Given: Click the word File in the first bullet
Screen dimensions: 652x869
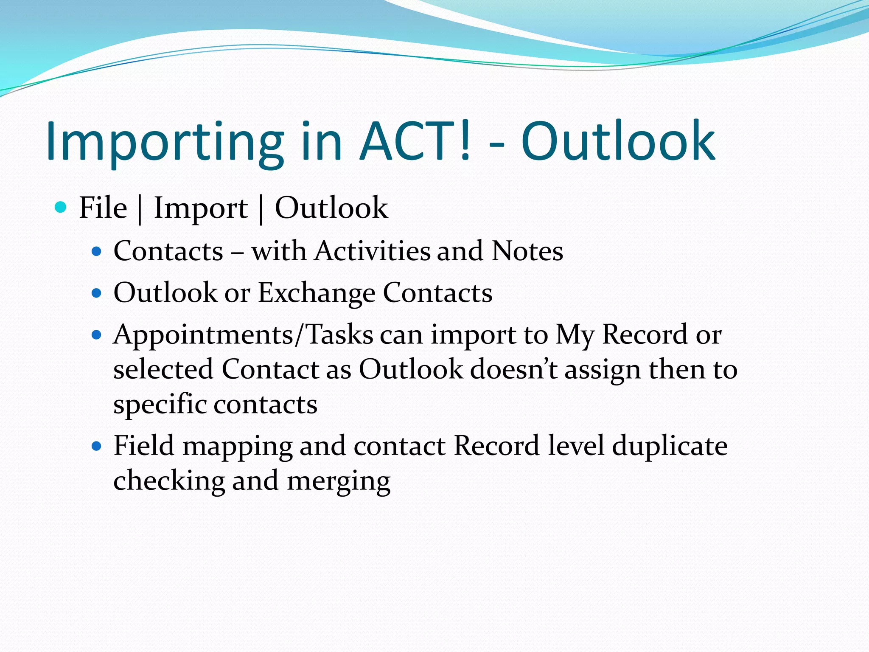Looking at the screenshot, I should click(x=103, y=208).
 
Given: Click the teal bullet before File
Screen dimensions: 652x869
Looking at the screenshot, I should click(x=61, y=207).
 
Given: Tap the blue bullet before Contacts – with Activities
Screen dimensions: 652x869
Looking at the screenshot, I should click(x=97, y=251).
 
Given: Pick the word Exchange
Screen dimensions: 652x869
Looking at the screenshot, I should click(x=317, y=293).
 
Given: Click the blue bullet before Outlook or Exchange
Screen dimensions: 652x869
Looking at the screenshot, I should click(x=97, y=293).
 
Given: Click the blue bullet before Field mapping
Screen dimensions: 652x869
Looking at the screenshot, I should click(x=97, y=446).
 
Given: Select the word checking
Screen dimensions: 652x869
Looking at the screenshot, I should click(x=169, y=481).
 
